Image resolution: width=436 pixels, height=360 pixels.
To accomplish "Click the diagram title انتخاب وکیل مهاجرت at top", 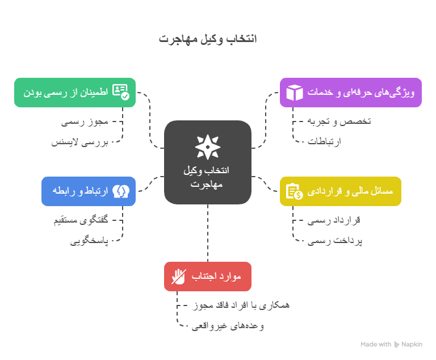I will pyautogui.click(x=208, y=39).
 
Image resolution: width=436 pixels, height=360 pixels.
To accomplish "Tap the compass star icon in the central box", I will pyautogui.click(x=208, y=146).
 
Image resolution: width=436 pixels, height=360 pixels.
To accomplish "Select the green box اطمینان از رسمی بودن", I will pyautogui.click(x=74, y=92).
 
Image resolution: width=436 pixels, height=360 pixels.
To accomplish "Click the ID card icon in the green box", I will pyautogui.click(x=120, y=92).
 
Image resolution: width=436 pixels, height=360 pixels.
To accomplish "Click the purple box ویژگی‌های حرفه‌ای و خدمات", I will pyautogui.click(x=350, y=92).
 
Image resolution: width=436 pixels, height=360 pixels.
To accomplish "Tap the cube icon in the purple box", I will pyautogui.click(x=295, y=92).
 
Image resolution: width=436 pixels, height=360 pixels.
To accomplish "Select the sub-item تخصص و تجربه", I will pyautogui.click(x=338, y=122).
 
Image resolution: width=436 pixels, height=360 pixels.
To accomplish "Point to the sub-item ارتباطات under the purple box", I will pyautogui.click(x=324, y=142).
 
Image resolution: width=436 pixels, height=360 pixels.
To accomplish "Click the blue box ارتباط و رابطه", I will pyautogui.click(x=88, y=191).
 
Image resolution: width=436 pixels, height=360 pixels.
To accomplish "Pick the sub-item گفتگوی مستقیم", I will pyautogui.click(x=81, y=220).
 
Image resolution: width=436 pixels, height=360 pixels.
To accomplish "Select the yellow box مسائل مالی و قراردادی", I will pyautogui.click(x=341, y=191).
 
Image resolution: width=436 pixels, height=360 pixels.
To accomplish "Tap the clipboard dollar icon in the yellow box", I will pyautogui.click(x=294, y=191).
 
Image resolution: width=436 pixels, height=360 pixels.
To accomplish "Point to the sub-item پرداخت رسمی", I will pyautogui.click(x=335, y=241).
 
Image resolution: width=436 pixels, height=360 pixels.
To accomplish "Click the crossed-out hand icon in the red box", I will pyautogui.click(x=179, y=277).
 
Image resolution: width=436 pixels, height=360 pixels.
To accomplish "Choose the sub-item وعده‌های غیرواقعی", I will pyautogui.click(x=227, y=326).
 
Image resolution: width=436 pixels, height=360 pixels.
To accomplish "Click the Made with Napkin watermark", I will pyautogui.click(x=391, y=344).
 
